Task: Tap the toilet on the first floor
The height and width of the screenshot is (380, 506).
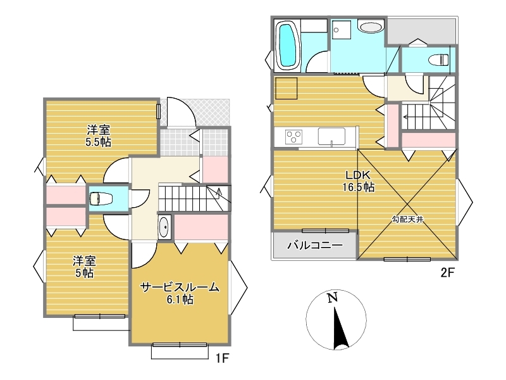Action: click(101, 198)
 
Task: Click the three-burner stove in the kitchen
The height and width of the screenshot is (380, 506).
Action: click(293, 136)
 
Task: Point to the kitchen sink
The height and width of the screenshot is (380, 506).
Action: click(331, 136)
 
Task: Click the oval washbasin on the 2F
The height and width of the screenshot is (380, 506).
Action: click(371, 27)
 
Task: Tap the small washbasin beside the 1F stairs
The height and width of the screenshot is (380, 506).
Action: click(164, 227)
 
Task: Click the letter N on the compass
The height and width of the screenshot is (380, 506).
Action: click(332, 298)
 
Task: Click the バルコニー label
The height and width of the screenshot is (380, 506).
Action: click(314, 245)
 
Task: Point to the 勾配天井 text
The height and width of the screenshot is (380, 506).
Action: click(407, 219)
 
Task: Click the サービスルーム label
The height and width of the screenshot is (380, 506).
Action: click(180, 288)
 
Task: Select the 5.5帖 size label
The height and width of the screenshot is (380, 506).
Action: click(99, 142)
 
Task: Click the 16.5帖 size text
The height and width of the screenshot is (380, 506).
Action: click(359, 187)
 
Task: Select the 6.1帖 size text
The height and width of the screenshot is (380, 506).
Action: click(180, 300)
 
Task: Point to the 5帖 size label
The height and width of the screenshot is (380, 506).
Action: click(85, 274)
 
